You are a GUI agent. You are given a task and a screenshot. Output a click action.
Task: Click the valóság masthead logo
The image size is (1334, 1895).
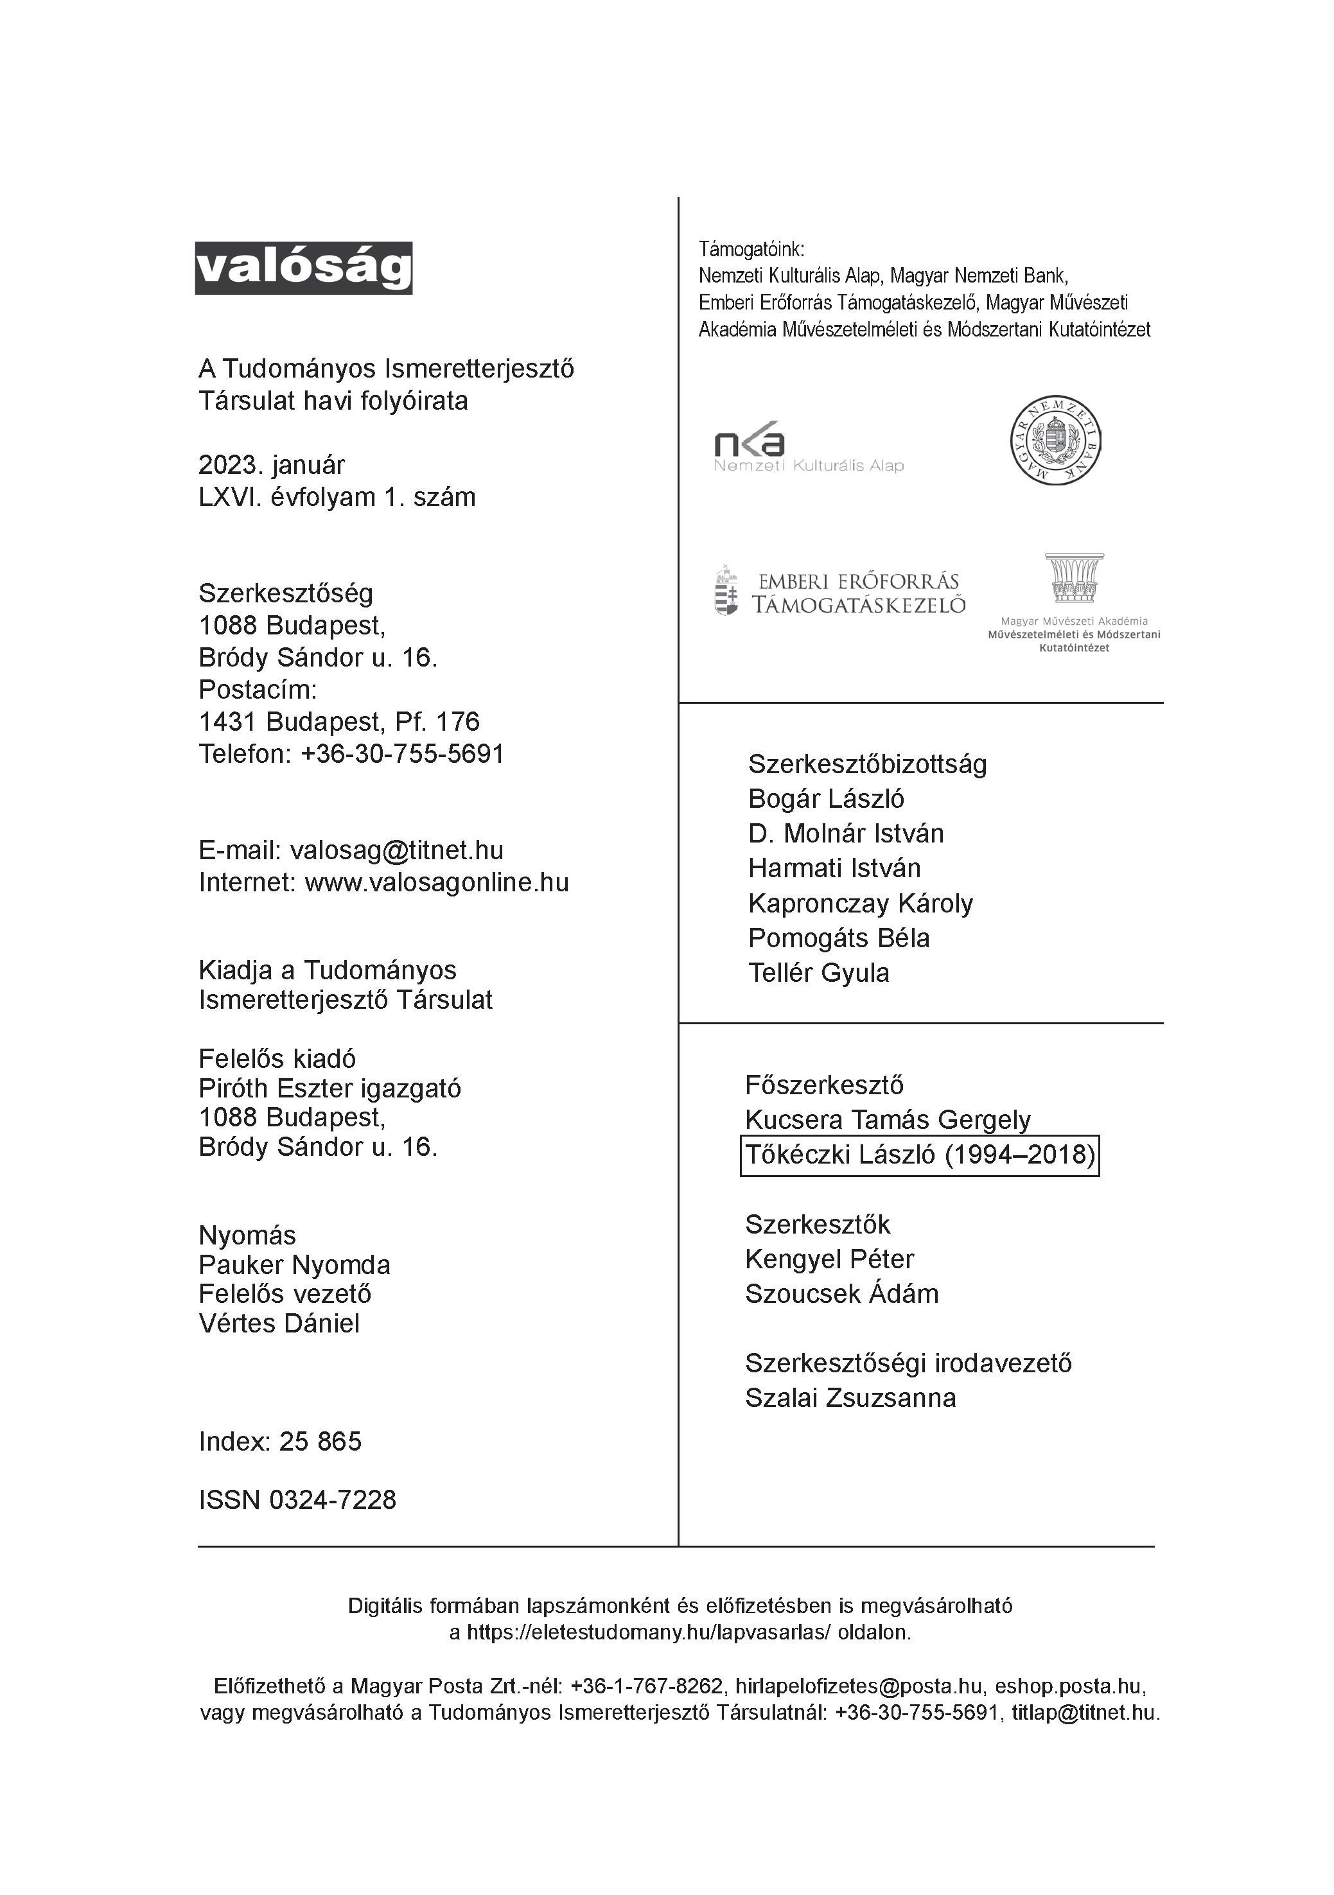click(303, 268)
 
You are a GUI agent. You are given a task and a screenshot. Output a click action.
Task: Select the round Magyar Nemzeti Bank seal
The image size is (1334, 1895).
click(1056, 440)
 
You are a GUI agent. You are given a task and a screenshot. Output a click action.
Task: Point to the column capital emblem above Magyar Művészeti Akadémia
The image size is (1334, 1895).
click(1073, 578)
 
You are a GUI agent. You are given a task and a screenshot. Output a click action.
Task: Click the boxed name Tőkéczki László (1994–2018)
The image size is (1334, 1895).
click(920, 1155)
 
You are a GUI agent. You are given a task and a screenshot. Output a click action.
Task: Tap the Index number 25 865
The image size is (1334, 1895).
click(320, 1441)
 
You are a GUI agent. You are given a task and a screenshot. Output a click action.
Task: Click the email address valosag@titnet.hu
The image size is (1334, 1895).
click(396, 850)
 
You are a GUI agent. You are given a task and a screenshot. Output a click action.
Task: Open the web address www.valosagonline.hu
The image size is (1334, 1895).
click(437, 882)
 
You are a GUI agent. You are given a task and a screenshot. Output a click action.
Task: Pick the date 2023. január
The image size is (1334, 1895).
click(272, 465)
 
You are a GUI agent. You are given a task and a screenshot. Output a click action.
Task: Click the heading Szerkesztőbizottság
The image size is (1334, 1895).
click(867, 764)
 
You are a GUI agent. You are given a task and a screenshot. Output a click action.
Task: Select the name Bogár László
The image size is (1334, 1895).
click(825, 799)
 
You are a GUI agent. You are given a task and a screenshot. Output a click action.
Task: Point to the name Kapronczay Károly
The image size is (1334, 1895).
click(860, 904)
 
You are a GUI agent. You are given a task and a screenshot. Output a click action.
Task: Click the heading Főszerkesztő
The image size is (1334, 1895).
click(824, 1085)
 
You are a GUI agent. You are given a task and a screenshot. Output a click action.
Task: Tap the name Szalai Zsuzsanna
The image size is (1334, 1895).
click(850, 1397)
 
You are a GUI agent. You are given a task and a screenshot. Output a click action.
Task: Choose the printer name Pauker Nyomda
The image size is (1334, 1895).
click(294, 1264)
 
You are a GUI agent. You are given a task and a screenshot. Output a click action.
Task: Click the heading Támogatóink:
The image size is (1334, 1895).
click(751, 249)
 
